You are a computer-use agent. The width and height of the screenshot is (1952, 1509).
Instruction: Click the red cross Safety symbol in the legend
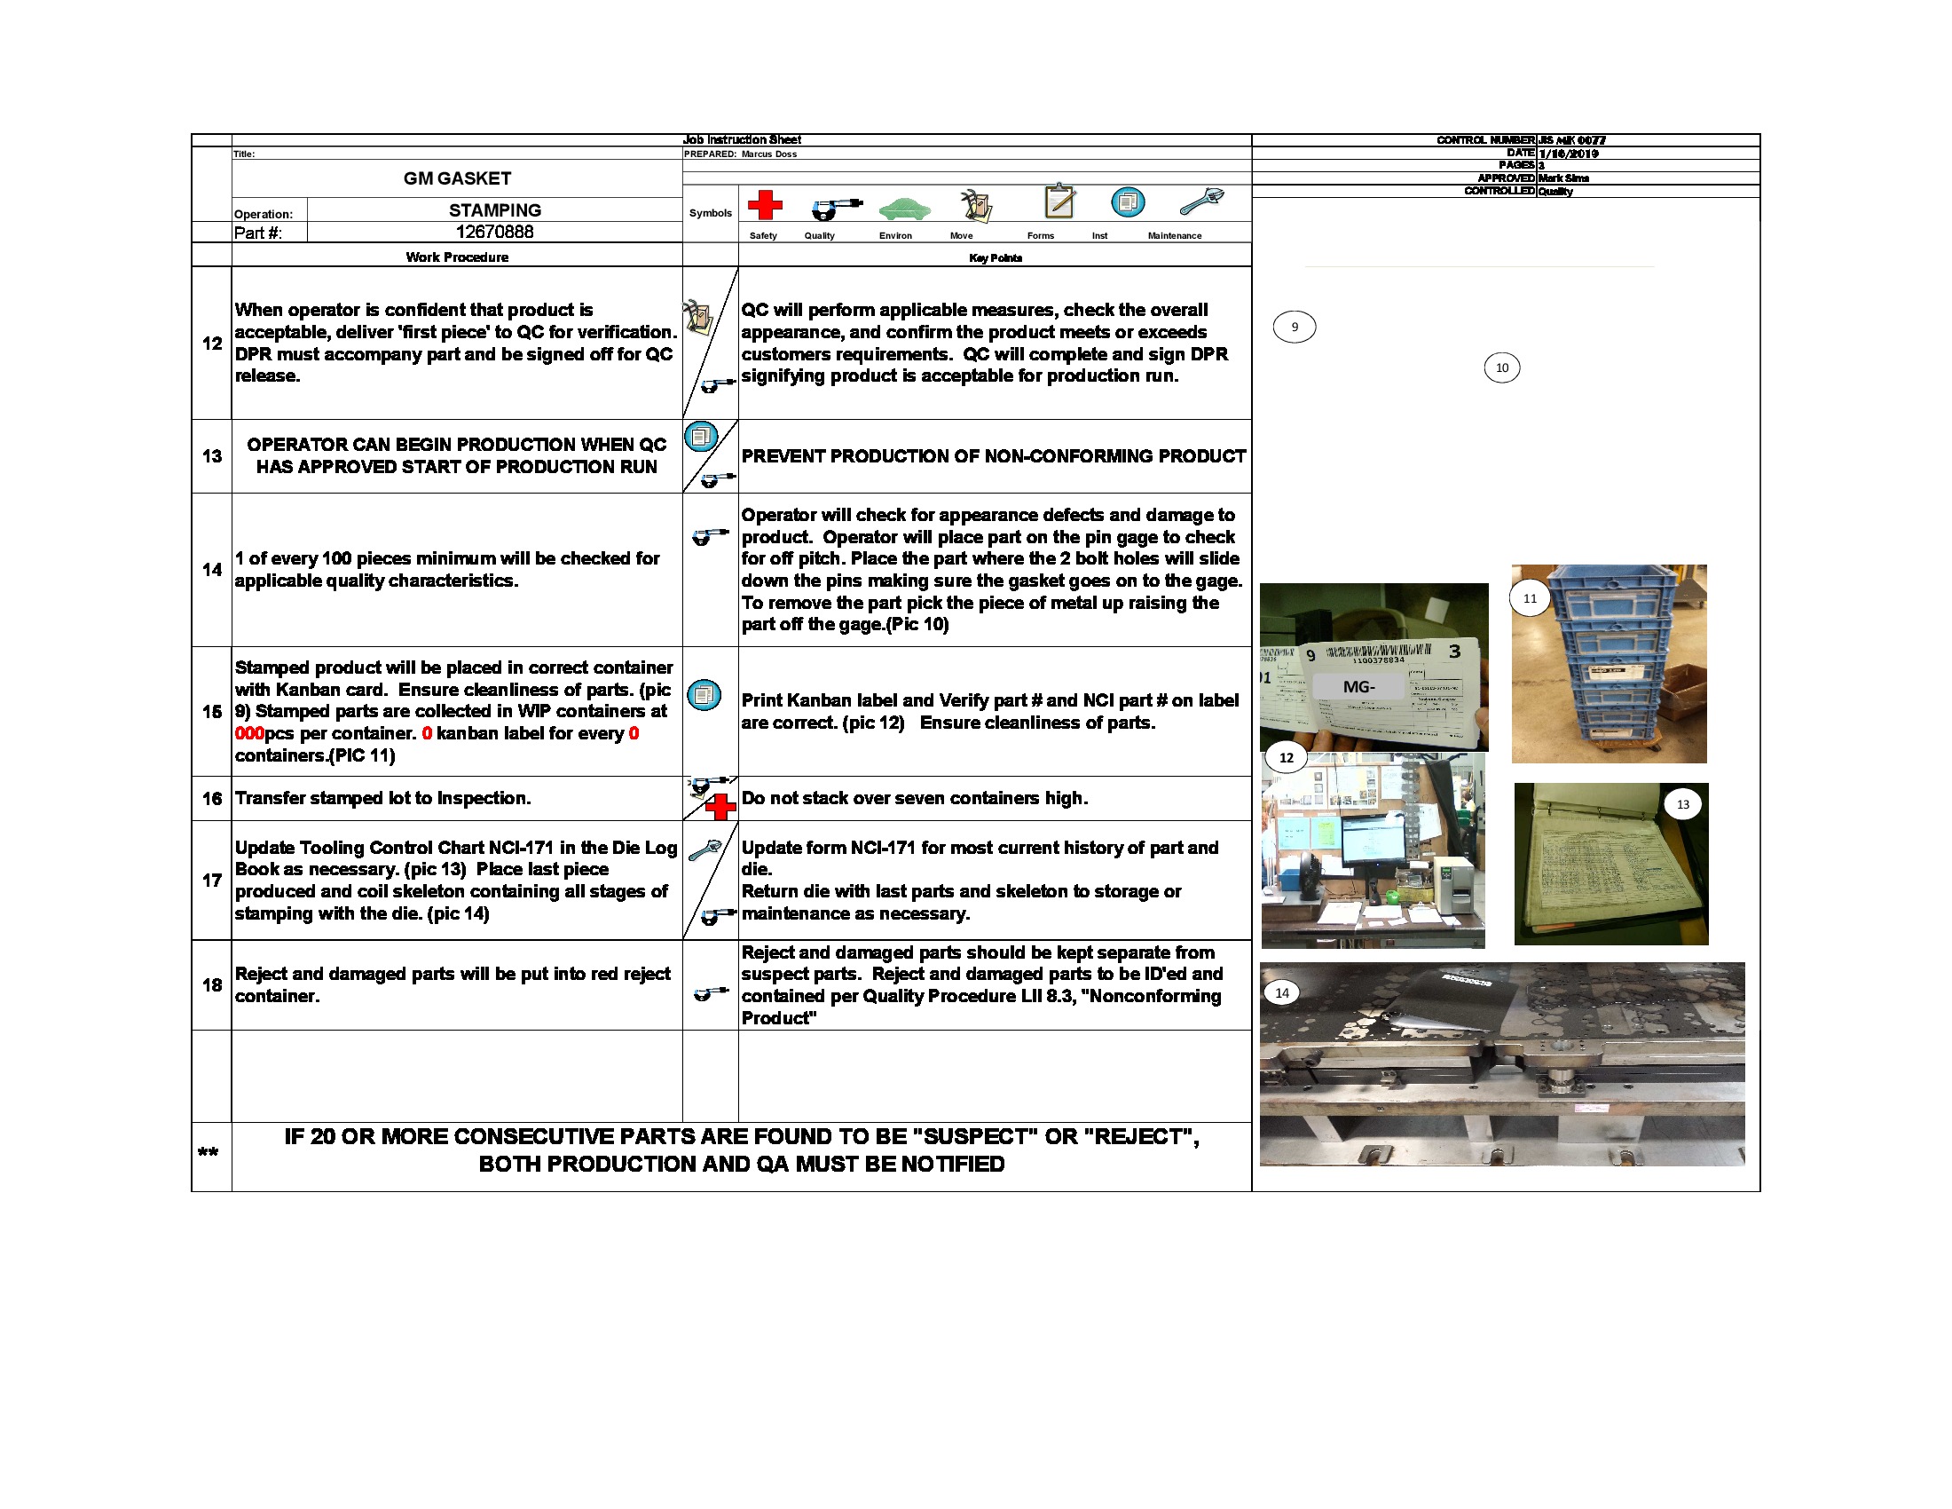pos(764,205)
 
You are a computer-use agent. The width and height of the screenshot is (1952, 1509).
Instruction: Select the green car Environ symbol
pos(903,209)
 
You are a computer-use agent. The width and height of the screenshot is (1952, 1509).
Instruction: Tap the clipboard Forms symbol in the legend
pos(1059,201)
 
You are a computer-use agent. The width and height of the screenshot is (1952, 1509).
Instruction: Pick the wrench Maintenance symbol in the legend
pos(1200,202)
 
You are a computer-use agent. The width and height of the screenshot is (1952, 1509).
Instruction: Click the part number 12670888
pos(494,233)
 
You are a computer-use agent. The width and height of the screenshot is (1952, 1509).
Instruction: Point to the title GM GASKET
pos(457,178)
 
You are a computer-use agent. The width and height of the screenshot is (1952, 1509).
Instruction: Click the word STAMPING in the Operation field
pos(494,210)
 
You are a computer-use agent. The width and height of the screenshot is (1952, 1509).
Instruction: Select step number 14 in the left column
pos(212,570)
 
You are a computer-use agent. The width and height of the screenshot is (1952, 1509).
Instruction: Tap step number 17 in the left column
pos(212,881)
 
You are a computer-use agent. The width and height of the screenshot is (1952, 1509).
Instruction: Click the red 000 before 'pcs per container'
pos(249,734)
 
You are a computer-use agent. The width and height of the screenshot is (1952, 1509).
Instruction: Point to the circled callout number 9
pos(1294,328)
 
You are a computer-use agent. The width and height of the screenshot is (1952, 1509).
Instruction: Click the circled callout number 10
pos(1501,368)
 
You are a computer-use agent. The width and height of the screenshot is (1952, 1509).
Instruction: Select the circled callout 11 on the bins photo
pos(1531,598)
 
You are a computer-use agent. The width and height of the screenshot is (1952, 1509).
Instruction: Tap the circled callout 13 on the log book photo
pos(1683,804)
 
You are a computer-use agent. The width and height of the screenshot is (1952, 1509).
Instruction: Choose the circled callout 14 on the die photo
pos(1282,993)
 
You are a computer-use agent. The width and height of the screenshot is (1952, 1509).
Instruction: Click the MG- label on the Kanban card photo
pos(1358,686)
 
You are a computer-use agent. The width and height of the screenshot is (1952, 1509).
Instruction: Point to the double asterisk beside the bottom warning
pos(209,1152)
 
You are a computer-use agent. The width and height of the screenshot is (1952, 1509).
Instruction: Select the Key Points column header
pos(995,258)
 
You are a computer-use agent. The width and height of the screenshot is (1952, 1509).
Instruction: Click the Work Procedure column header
pos(457,257)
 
